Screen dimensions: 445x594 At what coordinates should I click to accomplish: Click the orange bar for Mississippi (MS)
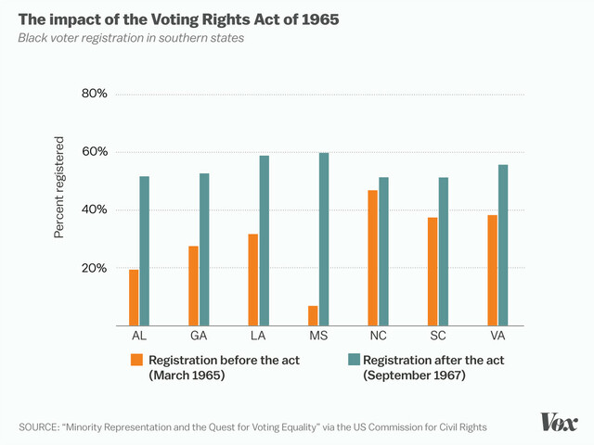(313, 316)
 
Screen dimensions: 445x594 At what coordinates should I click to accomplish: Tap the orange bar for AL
(134, 298)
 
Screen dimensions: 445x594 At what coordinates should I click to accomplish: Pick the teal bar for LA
(265, 241)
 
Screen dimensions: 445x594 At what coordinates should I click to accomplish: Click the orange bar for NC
(373, 258)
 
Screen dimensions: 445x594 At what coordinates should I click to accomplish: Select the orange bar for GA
(193, 286)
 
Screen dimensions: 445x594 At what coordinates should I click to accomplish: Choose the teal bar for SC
(444, 251)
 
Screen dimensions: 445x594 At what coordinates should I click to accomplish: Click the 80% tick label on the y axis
(96, 94)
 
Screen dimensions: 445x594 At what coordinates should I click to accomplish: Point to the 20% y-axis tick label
(96, 268)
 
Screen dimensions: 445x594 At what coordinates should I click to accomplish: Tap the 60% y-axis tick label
(96, 152)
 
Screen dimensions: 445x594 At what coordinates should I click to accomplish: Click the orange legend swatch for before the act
(136, 360)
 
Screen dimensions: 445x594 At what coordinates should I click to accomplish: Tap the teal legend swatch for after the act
(354, 360)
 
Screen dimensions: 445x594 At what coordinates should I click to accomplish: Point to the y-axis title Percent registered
(59, 187)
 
